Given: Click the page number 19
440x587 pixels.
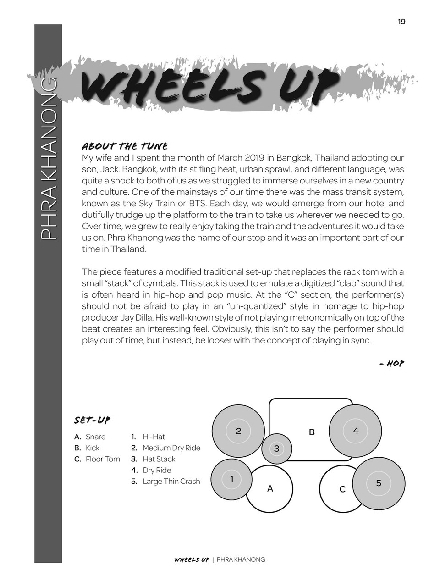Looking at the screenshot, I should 401,22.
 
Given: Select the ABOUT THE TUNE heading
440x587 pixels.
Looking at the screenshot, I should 125,146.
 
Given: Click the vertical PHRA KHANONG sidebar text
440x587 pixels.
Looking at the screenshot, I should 48,158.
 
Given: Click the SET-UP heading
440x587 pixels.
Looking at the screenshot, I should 92,420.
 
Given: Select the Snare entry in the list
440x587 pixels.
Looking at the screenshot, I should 95,437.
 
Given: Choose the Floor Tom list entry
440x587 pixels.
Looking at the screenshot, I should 103,459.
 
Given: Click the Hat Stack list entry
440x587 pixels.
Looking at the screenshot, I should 159,459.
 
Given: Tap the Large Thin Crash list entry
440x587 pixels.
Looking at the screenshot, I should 171,481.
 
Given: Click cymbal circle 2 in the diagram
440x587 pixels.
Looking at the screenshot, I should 238,431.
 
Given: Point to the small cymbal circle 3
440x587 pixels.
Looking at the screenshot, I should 276,449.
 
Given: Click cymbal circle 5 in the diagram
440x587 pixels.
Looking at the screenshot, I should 379,483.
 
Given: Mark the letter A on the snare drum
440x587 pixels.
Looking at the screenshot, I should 270,489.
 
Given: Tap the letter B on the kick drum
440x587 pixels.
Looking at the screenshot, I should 312,432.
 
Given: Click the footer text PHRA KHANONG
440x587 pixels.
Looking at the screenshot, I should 241,559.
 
